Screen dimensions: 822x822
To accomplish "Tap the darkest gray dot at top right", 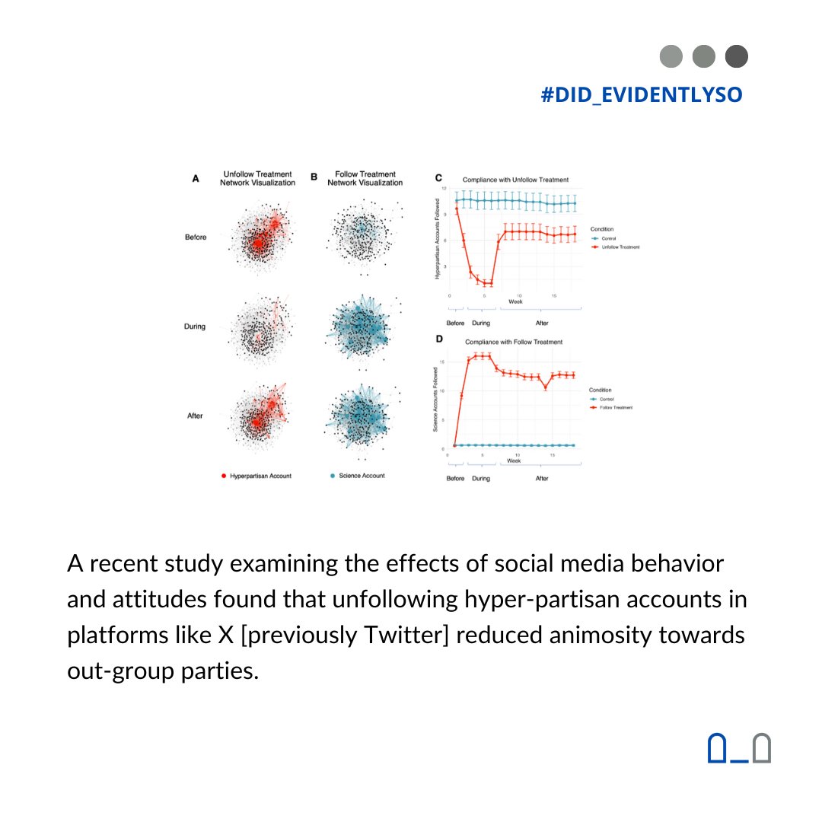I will click(737, 56).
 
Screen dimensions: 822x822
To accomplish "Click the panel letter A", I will click(196, 179).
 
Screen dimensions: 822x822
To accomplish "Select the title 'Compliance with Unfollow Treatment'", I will click(515, 180).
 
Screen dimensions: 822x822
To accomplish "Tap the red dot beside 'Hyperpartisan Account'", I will click(223, 475).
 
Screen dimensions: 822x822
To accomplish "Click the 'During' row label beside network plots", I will click(196, 327).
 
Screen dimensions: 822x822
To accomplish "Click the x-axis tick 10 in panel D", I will click(517, 455).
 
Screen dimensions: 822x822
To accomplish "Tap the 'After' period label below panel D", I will click(541, 479).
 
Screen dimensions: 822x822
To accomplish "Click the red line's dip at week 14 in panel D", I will click(545, 387).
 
